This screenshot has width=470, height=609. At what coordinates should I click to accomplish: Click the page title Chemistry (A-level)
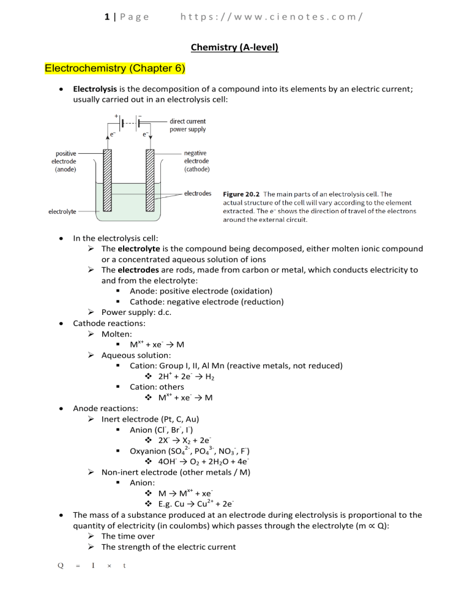click(x=235, y=47)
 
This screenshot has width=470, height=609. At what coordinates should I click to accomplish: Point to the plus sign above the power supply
click(x=116, y=115)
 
